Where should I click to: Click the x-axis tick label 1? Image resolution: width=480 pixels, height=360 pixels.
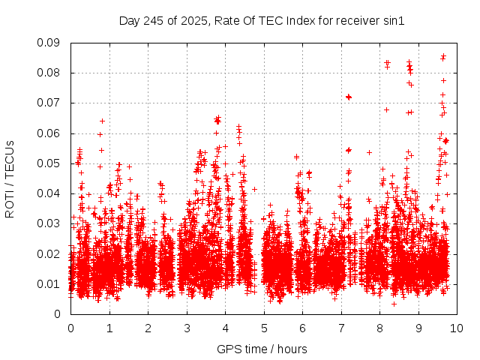(x=109, y=328)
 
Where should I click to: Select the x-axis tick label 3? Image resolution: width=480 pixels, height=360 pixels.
(x=187, y=328)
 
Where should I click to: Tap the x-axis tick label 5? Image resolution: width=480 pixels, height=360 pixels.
(x=264, y=328)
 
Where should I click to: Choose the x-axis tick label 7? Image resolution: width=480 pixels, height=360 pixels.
(x=341, y=328)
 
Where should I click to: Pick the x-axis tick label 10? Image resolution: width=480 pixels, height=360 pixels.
(x=457, y=328)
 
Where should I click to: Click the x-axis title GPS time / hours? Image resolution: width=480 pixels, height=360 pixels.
(x=262, y=349)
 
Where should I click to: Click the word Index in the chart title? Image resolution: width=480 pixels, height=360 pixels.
(x=297, y=20)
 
